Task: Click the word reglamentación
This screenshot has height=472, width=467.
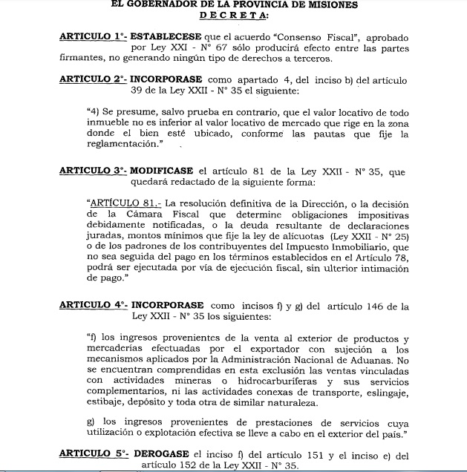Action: tap(123, 145)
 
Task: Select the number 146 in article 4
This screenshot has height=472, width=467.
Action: tap(396, 305)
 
